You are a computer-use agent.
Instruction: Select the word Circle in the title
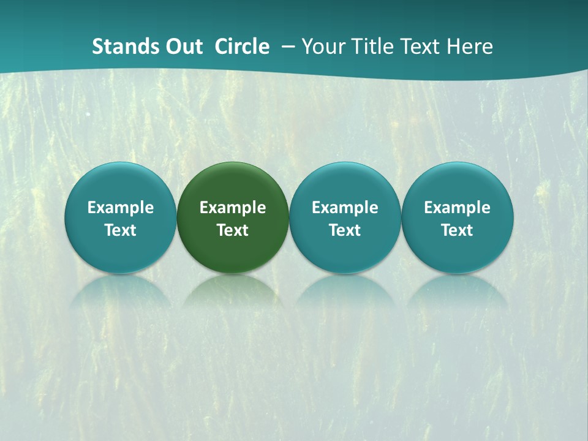pyautogui.click(x=242, y=47)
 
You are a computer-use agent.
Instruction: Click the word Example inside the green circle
pyautogui.click(x=233, y=208)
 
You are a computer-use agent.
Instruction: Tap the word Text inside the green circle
pyautogui.click(x=233, y=230)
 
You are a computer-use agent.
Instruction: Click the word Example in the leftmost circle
pyautogui.click(x=121, y=208)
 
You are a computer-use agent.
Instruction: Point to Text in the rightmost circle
pyautogui.click(x=458, y=230)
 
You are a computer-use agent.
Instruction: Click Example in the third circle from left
pyautogui.click(x=345, y=208)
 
